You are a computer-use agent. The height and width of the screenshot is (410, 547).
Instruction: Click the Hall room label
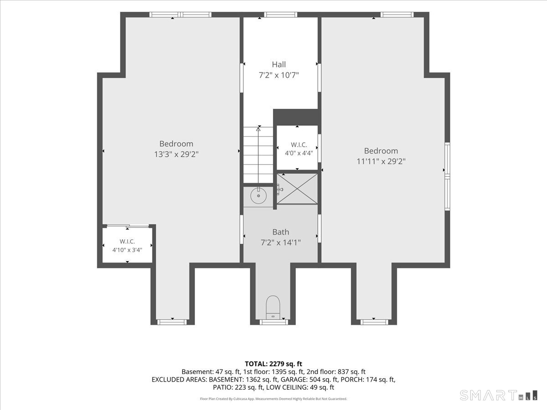pyautogui.click(x=279, y=65)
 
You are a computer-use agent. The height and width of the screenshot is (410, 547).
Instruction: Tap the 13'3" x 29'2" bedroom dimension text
pyautogui.click(x=176, y=154)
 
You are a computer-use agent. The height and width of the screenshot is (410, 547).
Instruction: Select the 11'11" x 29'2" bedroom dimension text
pyautogui.click(x=381, y=162)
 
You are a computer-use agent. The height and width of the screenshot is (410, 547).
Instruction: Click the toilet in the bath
pyautogui.click(x=273, y=307)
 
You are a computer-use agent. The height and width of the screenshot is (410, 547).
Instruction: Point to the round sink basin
pyautogui.click(x=258, y=196)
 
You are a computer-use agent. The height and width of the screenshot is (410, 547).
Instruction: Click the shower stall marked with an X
pyautogui.click(x=297, y=189)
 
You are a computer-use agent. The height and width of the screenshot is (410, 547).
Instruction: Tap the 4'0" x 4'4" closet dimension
pyautogui.click(x=299, y=153)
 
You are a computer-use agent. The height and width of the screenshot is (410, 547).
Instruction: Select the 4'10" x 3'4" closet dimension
pyautogui.click(x=127, y=250)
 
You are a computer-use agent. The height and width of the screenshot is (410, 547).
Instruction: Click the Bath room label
pyautogui.click(x=281, y=232)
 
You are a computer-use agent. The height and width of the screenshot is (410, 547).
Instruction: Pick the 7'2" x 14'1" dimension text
pyautogui.click(x=281, y=242)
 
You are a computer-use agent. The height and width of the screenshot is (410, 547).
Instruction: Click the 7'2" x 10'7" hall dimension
pyautogui.click(x=279, y=75)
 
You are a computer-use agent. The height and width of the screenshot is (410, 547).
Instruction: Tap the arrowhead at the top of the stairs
pyautogui.click(x=258, y=129)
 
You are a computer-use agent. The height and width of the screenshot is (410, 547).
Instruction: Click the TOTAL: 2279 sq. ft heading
pyautogui.click(x=273, y=364)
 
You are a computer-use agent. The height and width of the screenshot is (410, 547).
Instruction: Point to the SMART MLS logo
pyautogui.click(x=498, y=395)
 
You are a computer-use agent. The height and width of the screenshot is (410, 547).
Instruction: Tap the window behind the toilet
pyautogui.click(x=273, y=322)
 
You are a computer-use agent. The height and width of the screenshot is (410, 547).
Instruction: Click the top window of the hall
pyautogui.click(x=281, y=15)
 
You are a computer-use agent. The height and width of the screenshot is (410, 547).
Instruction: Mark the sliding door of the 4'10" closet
pyautogui.click(x=128, y=226)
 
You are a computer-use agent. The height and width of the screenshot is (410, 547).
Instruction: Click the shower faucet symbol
pyautogui.click(x=279, y=189)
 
